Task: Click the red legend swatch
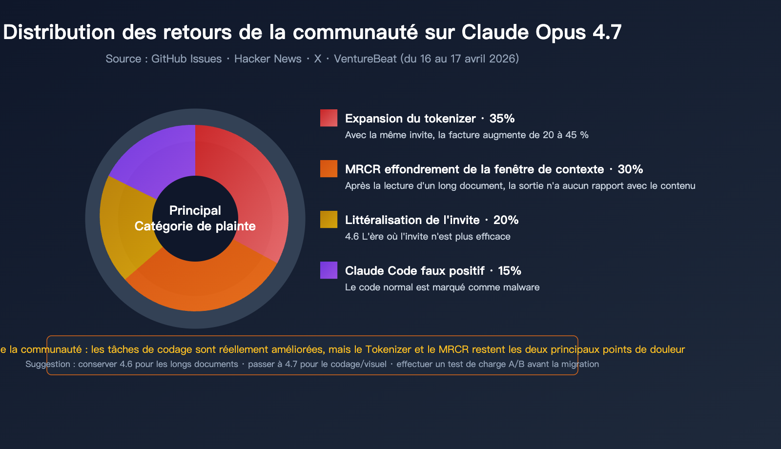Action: point(329,118)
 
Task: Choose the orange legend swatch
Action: point(329,169)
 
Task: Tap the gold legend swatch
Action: point(329,220)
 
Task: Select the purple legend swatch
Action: point(329,270)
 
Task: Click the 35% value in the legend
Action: point(502,119)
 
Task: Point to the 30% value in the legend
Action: point(630,169)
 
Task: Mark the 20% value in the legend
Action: point(506,220)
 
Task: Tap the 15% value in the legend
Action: point(510,271)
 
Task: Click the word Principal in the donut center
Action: point(195,210)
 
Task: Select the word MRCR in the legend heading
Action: point(363,169)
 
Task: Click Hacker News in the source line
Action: point(268,59)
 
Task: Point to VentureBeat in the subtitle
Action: point(365,59)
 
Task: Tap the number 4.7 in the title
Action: point(607,32)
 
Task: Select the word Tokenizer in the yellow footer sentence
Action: point(389,349)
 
